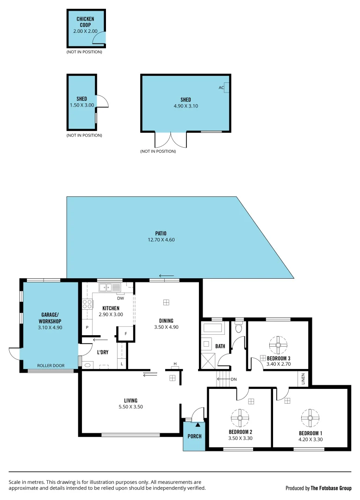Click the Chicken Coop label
click(x=85, y=22)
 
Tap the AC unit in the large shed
click(x=226, y=87)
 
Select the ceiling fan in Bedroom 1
click(x=310, y=418)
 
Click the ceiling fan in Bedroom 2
click(x=240, y=418)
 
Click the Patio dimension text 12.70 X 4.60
click(x=161, y=240)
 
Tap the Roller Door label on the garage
click(x=51, y=365)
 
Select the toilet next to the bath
click(x=239, y=328)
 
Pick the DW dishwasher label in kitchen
click(x=120, y=298)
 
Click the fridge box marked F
click(x=126, y=333)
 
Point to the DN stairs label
click(x=234, y=380)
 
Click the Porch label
click(x=194, y=436)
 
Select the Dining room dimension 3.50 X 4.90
click(x=166, y=327)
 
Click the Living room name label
click(x=130, y=400)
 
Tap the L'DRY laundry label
click(x=102, y=352)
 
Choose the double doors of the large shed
click(x=171, y=140)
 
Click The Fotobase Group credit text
click(x=331, y=488)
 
